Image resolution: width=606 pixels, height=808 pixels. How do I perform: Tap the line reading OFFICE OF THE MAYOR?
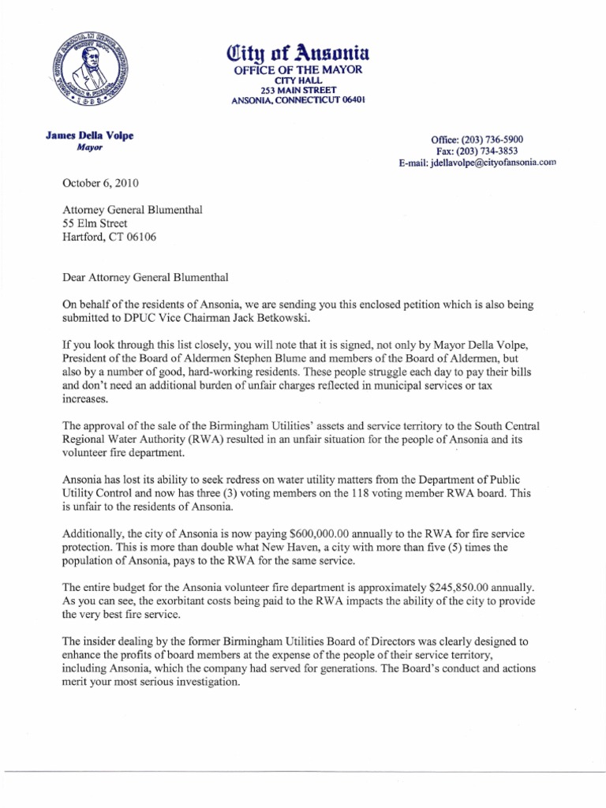(x=297, y=71)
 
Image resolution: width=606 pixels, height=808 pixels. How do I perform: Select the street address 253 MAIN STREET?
(x=297, y=91)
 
